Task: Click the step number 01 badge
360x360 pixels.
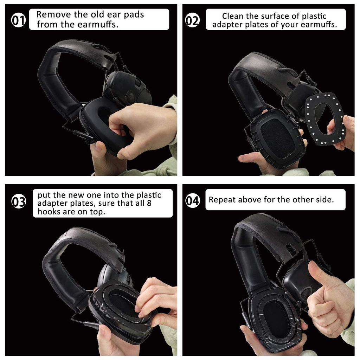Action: click(19, 21)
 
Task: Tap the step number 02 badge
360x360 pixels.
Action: click(192, 21)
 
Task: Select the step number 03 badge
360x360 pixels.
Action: click(19, 202)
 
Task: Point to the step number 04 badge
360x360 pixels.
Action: click(192, 201)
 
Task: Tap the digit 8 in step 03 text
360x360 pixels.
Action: click(149, 203)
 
